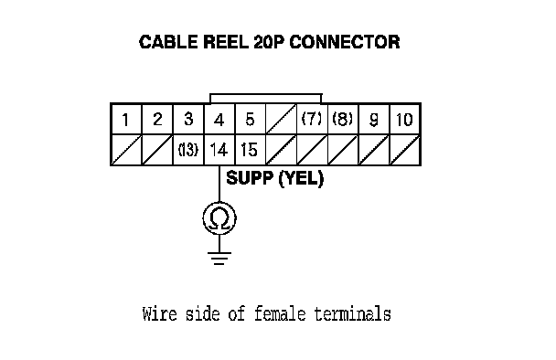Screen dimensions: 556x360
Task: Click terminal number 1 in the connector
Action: [126, 119]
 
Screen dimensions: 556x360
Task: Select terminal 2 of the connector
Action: [157, 119]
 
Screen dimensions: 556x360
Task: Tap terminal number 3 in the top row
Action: [188, 119]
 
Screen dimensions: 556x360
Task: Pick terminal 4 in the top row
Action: [219, 119]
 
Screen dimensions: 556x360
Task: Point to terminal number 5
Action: [251, 119]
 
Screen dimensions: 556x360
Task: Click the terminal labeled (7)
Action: [312, 119]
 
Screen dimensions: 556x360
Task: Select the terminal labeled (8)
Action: [343, 119]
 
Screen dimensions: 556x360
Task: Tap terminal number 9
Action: [374, 119]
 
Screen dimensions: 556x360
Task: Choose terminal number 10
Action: [405, 119]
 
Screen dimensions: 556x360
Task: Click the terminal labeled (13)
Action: [188, 150]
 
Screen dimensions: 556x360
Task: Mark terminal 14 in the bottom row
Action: [219, 150]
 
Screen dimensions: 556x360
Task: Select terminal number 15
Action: [251, 150]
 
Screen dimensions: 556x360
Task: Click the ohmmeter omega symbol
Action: [219, 217]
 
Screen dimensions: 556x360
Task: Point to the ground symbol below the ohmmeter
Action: [219, 259]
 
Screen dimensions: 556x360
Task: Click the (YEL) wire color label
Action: [301, 178]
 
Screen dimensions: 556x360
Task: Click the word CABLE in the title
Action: [168, 42]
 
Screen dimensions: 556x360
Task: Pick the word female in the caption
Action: [280, 314]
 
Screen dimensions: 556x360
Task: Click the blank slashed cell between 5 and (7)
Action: [281, 119]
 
